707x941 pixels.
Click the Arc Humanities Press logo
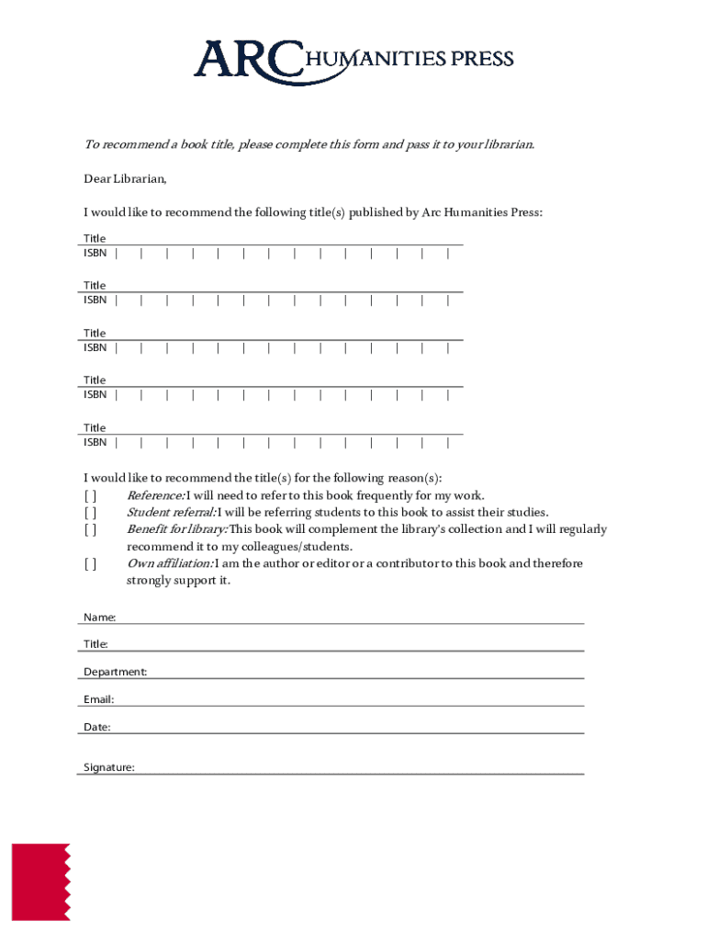pyautogui.click(x=353, y=59)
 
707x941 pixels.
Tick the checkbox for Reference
pyautogui.click(x=90, y=496)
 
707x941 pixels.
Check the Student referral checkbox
pyautogui.click(x=90, y=513)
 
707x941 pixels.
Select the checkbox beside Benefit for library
pyautogui.click(x=90, y=529)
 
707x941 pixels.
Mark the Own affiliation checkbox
pyautogui.click(x=90, y=563)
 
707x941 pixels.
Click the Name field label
pyautogui.click(x=99, y=618)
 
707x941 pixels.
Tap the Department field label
pyautogui.click(x=115, y=672)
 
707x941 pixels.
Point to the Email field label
pyautogui.click(x=99, y=699)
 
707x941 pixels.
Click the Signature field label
pyautogui.click(x=109, y=767)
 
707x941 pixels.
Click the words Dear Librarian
pyautogui.click(x=126, y=179)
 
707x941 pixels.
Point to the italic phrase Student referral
pyautogui.click(x=171, y=513)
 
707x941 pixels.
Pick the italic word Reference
pyautogui.click(x=155, y=496)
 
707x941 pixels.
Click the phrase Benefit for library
pyautogui.click(x=176, y=529)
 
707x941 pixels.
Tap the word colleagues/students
pyautogui.click(x=291, y=547)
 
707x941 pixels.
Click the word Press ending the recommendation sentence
pyautogui.click(x=524, y=213)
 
